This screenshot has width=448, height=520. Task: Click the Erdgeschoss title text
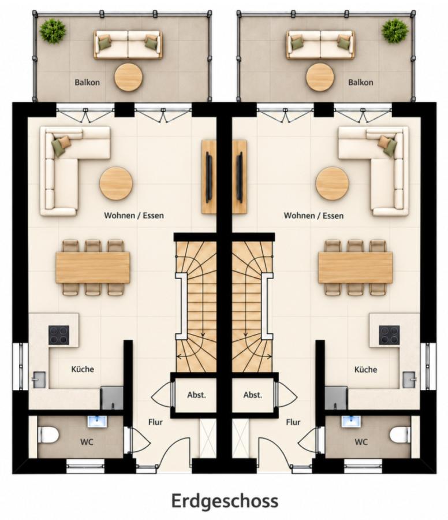pos(225,500)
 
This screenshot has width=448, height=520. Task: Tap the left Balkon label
pos(87,82)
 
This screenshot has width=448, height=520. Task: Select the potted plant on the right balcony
pos(395,31)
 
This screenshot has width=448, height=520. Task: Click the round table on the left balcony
pos(129,77)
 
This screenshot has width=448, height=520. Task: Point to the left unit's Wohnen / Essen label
pos(134,216)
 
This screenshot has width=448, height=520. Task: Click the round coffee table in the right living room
pos(332,184)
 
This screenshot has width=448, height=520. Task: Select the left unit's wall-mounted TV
pos(209,177)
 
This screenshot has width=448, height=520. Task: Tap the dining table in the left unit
pos(93,268)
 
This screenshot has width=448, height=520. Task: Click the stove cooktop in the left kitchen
pos(59,335)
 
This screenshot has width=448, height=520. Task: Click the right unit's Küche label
pos(365,369)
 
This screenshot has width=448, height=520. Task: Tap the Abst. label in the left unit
pos(196,395)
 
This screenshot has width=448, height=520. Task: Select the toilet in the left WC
pos(48,434)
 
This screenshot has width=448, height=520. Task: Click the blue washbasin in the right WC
pos(352,421)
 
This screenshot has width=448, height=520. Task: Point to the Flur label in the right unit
pos(293,422)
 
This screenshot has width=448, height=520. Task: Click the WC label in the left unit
pos(87,442)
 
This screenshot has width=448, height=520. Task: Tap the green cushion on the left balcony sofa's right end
pos(151,43)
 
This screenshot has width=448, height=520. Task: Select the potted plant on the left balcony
pos(53,31)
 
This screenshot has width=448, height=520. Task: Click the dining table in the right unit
pos(355,268)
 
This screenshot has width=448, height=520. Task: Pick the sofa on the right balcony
pos(320,44)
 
